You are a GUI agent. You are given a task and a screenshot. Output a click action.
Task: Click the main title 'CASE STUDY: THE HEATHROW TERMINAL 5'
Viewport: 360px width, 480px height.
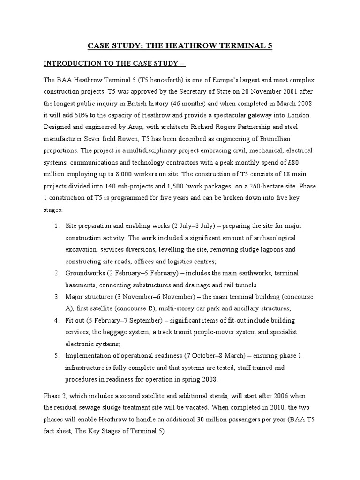tap(180, 45)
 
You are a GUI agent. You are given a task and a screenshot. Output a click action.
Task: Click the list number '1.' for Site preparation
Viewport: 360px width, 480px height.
tap(57, 225)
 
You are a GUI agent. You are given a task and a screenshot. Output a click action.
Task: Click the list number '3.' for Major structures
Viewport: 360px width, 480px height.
tap(57, 297)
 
